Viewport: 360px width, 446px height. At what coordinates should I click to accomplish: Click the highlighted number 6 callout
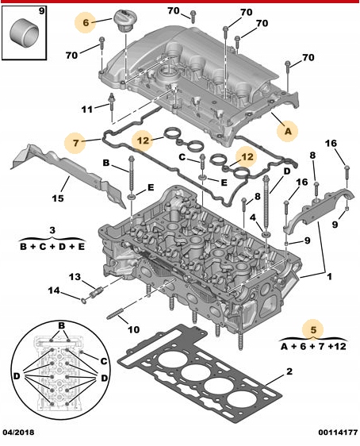click(x=86, y=24)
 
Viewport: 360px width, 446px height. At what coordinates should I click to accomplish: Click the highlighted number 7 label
click(x=76, y=143)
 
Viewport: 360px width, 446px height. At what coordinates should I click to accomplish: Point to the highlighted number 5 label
click(x=314, y=329)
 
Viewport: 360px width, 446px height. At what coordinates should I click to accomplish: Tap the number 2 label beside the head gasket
click(x=289, y=372)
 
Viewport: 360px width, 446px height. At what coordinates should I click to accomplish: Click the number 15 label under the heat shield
click(x=58, y=198)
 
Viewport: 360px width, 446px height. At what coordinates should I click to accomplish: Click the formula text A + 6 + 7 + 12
click(x=314, y=346)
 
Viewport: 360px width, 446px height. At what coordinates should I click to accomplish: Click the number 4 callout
click(x=252, y=217)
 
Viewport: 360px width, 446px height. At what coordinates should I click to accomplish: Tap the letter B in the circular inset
click(x=60, y=325)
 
